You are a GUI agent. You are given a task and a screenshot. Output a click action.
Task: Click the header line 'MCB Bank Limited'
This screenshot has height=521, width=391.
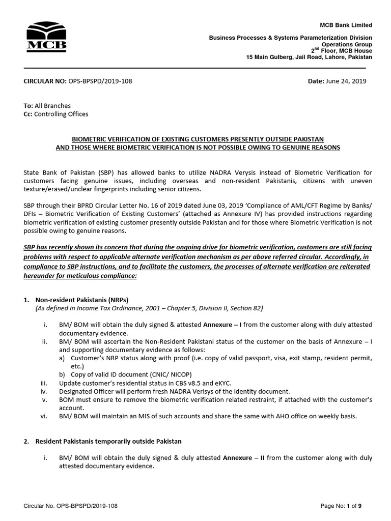point(346,25)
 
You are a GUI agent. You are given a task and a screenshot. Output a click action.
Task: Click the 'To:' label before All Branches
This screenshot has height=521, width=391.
point(28,106)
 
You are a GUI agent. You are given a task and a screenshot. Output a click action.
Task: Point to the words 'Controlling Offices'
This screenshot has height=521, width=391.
point(61,114)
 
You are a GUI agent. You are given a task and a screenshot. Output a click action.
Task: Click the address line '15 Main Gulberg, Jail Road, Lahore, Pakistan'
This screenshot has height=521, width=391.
point(309,57)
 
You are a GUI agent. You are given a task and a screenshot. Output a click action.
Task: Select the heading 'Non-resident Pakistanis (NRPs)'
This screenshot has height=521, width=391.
point(82,300)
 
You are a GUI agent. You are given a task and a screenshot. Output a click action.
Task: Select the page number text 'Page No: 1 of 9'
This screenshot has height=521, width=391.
point(342,506)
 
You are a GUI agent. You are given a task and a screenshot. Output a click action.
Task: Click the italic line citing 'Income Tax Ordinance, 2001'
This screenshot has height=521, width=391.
point(149,308)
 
